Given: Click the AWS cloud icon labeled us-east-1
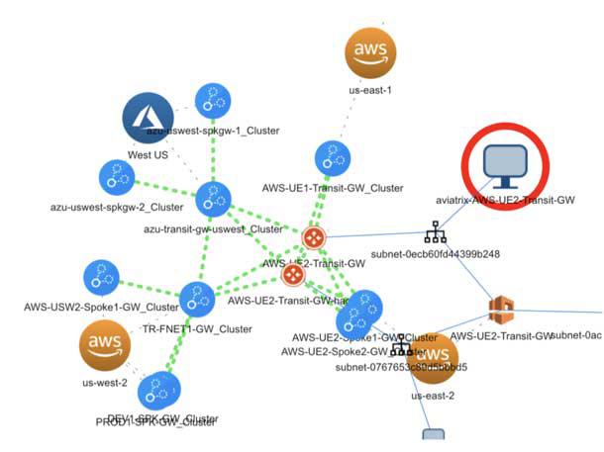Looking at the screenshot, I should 370,51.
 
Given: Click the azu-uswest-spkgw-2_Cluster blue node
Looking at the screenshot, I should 117,178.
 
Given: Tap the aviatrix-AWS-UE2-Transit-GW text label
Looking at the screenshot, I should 505,200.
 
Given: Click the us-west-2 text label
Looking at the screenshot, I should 105,381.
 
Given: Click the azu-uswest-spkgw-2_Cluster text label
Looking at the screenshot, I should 117,208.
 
